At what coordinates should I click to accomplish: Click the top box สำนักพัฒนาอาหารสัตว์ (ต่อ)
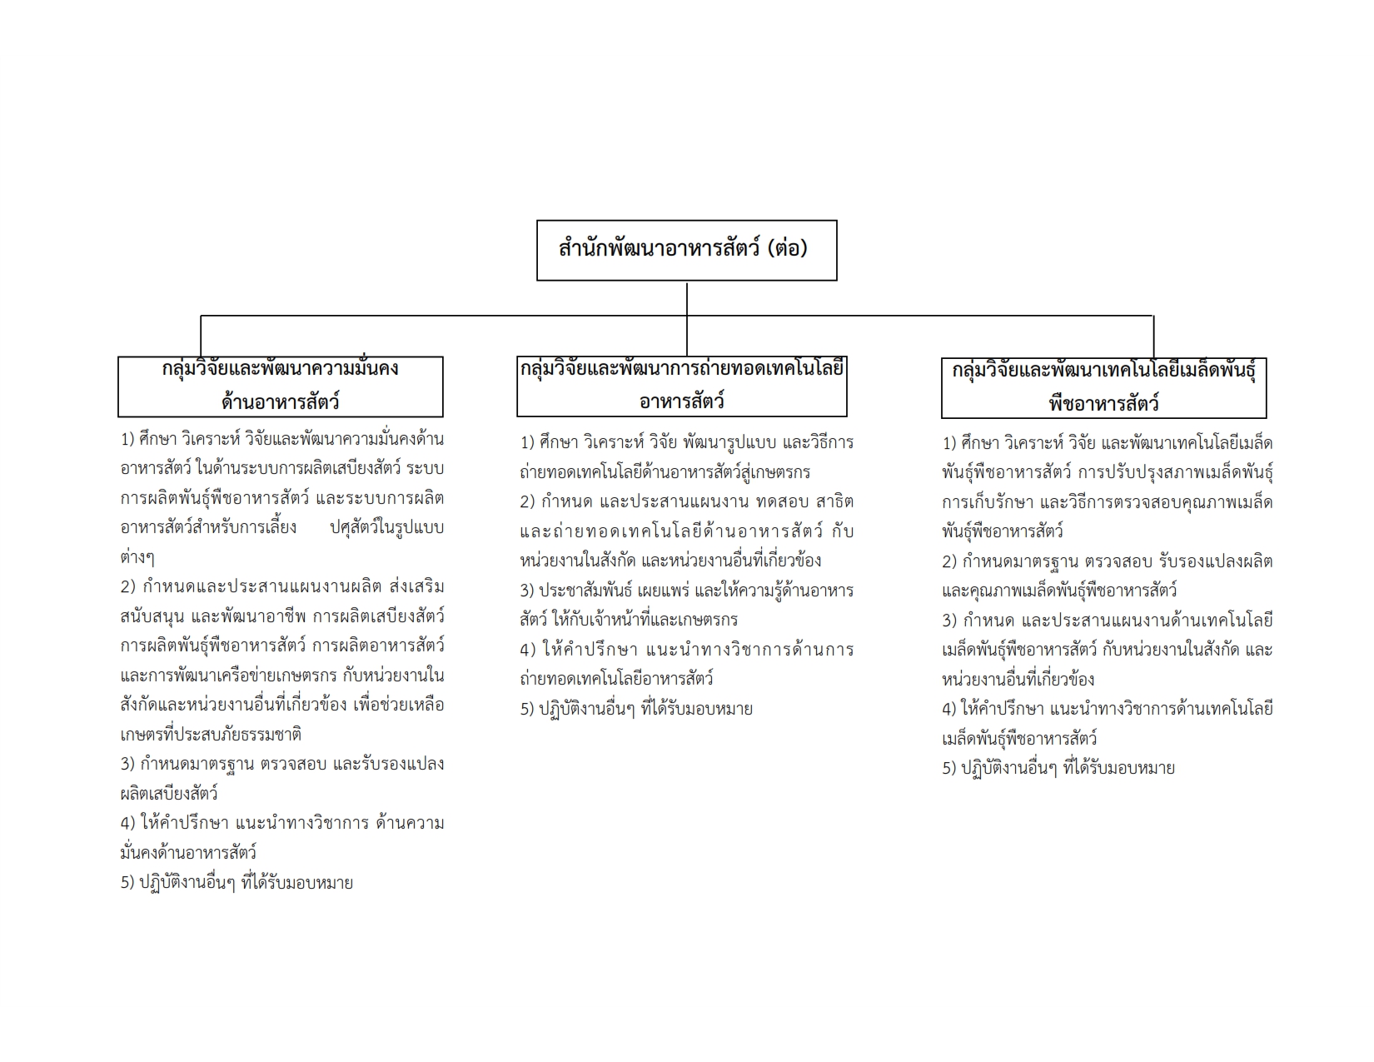(x=686, y=250)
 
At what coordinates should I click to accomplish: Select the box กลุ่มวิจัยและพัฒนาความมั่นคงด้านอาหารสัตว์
(x=280, y=386)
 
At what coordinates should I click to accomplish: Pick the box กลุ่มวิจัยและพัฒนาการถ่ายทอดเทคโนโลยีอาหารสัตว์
(x=681, y=386)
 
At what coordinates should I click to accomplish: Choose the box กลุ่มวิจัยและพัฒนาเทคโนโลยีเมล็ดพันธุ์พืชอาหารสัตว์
(x=1103, y=387)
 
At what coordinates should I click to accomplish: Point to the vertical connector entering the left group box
(x=201, y=337)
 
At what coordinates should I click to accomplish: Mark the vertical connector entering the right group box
(x=1153, y=337)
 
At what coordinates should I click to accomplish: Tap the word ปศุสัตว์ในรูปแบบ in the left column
(x=387, y=527)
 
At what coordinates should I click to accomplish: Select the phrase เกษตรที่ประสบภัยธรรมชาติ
(x=211, y=735)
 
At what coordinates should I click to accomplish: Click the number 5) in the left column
(x=128, y=883)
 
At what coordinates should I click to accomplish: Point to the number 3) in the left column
(x=128, y=764)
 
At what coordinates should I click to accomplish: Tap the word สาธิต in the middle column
(x=835, y=502)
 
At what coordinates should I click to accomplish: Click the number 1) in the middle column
(x=528, y=442)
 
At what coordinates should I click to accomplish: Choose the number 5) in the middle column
(x=528, y=710)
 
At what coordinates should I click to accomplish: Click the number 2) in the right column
(x=950, y=561)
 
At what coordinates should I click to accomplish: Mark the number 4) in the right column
(x=950, y=710)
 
